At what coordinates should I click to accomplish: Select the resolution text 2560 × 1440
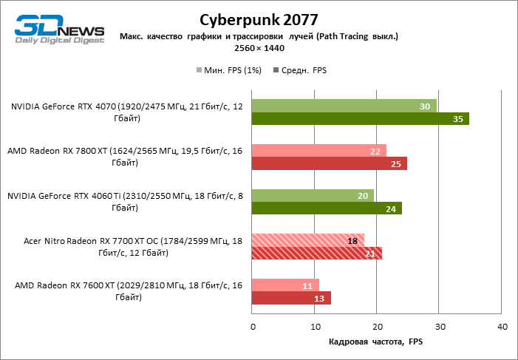(259, 48)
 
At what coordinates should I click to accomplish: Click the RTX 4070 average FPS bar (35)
(361, 119)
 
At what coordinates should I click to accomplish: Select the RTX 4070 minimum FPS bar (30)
(344, 106)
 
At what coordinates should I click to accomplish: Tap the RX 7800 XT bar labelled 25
(330, 164)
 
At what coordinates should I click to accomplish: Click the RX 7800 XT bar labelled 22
(319, 151)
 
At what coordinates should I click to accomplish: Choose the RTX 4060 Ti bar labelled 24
(327, 209)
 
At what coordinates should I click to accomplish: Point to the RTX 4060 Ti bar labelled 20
(313, 196)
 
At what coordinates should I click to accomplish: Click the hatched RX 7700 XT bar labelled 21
(317, 254)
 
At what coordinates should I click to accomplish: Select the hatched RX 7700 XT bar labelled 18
(308, 241)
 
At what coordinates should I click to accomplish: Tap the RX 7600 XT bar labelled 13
(292, 299)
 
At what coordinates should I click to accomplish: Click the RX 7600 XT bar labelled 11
(286, 285)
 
